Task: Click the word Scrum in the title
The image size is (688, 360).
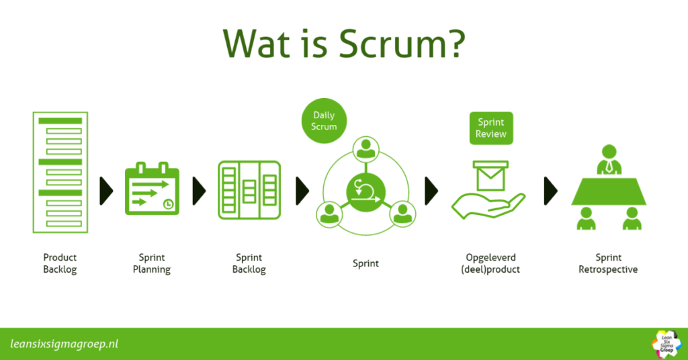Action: pos(386,43)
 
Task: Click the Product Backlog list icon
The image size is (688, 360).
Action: pos(60,173)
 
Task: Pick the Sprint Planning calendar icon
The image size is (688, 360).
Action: pos(152,189)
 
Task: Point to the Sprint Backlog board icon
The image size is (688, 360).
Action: pos(249,189)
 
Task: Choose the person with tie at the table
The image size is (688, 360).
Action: pos(609,160)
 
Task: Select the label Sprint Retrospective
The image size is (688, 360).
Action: pos(608,263)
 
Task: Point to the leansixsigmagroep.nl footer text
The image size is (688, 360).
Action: pos(64,344)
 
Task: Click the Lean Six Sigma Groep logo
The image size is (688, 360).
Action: pos(666,343)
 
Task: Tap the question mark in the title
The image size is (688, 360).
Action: pos(451,43)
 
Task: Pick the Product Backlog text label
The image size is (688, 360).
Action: pos(60,263)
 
